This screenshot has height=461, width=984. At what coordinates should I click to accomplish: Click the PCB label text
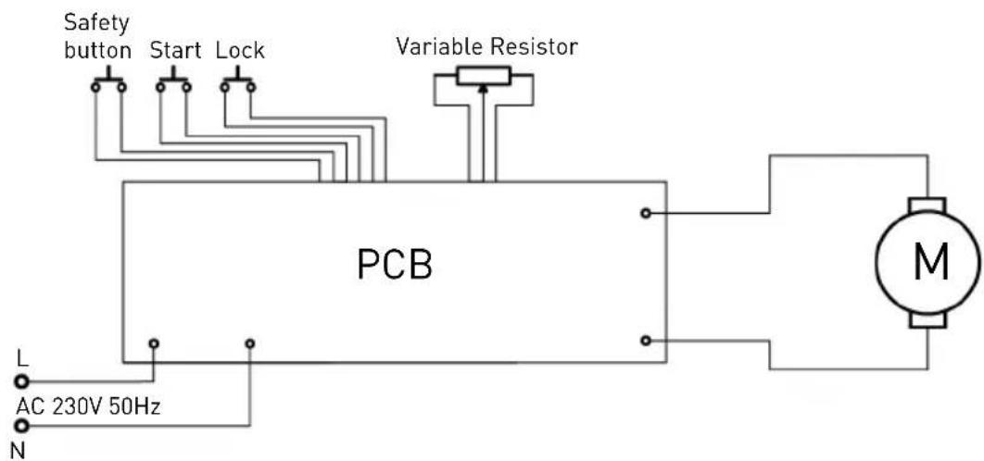pos(395,265)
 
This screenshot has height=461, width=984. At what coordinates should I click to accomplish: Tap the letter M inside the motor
pos(930,263)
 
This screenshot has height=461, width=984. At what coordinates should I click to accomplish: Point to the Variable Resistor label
pos(486,46)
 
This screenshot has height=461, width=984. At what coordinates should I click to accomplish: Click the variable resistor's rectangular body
pos(484,76)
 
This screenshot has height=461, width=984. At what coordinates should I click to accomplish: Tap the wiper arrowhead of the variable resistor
pos(483,89)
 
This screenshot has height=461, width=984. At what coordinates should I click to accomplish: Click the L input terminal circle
pos(22,380)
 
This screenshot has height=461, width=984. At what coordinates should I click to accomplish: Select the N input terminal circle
pos(22,427)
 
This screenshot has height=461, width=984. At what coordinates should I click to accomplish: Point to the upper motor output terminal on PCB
pos(645,213)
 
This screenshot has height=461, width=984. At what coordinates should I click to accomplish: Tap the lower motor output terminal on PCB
pos(645,341)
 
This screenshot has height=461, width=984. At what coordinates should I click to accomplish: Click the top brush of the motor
pos(927,206)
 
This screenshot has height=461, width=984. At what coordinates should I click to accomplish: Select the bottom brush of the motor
pos(927,321)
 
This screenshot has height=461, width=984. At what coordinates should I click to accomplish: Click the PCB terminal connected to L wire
pos(154,343)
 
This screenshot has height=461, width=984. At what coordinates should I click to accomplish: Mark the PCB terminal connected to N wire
pos(250,343)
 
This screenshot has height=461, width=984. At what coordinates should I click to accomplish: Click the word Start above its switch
pos(175,50)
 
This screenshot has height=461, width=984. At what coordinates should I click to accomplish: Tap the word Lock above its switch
pos(240,50)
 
